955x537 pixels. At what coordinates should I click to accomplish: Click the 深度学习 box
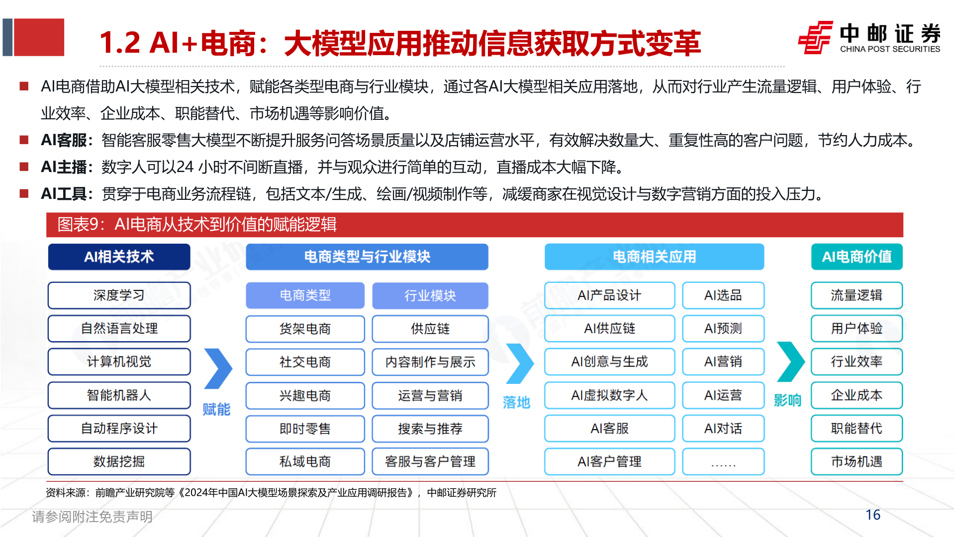[119, 295]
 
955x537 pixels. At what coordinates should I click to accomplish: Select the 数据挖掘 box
[119, 461]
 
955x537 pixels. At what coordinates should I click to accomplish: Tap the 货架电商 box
[305, 329]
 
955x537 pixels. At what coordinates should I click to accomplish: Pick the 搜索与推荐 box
[430, 429]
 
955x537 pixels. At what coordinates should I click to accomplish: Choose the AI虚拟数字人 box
[609, 395]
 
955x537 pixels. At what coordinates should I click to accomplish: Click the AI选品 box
[723, 295]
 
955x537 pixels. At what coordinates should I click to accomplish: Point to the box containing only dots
[723, 461]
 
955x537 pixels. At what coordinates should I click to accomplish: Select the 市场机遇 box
[857, 461]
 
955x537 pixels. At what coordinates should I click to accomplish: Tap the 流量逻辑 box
[857, 295]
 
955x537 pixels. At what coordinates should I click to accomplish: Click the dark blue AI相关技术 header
[119, 257]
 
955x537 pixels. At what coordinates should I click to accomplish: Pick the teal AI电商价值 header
[857, 257]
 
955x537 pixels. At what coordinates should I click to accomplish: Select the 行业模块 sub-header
[430, 295]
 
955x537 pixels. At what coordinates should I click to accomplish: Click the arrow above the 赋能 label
[218, 368]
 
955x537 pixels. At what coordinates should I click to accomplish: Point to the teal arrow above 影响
[790, 361]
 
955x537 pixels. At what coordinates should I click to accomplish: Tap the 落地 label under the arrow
[516, 402]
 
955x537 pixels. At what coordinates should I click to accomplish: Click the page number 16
[873, 515]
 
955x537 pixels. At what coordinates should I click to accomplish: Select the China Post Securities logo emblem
[815, 37]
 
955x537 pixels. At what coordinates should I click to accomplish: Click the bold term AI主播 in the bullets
[64, 167]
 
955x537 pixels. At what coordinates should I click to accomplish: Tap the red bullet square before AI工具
[24, 193]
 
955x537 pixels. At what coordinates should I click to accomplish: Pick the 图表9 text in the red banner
[78, 225]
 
